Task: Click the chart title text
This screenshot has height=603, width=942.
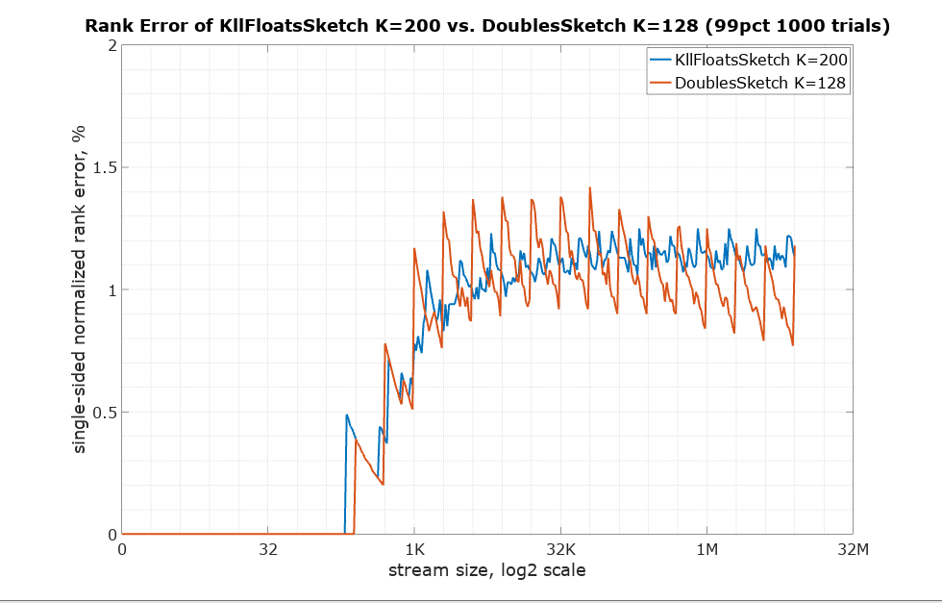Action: pos(487,26)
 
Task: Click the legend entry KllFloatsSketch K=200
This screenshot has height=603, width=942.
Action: pos(761,60)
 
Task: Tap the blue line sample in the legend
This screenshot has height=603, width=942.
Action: pos(659,60)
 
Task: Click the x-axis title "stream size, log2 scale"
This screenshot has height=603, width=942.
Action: pos(487,570)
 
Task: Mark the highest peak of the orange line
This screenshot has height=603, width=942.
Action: pos(589,188)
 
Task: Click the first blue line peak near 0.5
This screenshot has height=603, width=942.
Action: pos(347,415)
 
